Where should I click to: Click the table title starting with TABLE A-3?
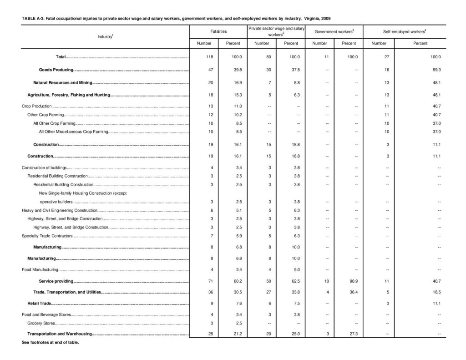pyautogui.click(x=176, y=18)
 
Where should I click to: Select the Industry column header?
pyautogui.click(x=105, y=36)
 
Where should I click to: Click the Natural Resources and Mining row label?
pyautogui.click(x=63, y=82)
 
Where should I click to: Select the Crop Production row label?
pyautogui.click(x=36, y=106)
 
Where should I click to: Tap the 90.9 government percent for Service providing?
pyautogui.click(x=349, y=281)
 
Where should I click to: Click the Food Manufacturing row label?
pyautogui.click(x=40, y=269)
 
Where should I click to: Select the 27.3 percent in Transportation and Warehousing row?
pyautogui.click(x=349, y=334)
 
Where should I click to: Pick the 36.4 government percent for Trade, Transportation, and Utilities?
pyautogui.click(x=349, y=292)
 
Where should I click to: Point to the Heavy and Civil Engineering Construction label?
pyautogui.click(x=60, y=211)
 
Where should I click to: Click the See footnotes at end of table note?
pyautogui.click(x=51, y=343)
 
